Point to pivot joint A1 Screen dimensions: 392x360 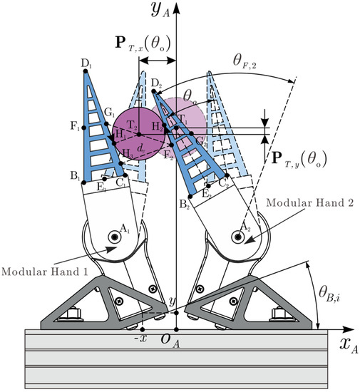tap(115, 236)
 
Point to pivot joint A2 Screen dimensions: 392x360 tap(238, 237)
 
